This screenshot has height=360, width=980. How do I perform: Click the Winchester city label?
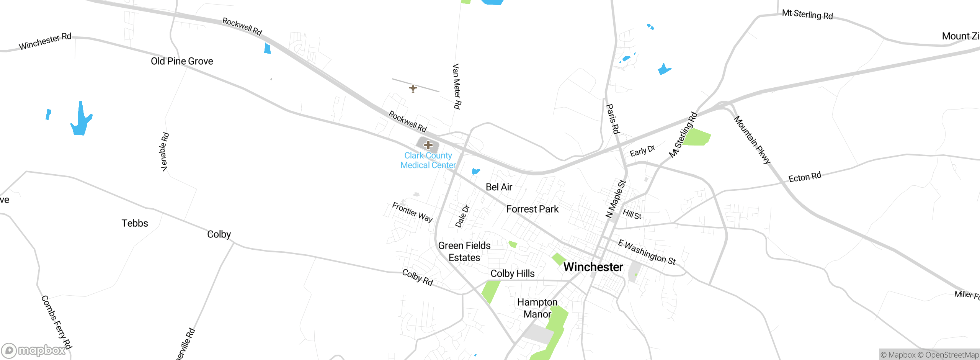(x=593, y=267)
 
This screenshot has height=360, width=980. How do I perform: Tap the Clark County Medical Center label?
(x=428, y=160)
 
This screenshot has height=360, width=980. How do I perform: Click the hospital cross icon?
(x=428, y=145)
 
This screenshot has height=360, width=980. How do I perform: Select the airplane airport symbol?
(x=413, y=88)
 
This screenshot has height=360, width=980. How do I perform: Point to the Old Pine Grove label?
(x=182, y=61)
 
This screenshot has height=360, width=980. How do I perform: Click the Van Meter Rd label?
(x=457, y=87)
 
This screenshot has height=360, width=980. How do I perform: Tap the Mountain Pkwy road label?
(x=752, y=140)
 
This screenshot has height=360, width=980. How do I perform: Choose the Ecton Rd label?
(x=805, y=177)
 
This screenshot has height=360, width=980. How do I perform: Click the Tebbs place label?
(x=135, y=223)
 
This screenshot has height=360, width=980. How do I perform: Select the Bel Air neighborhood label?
(x=499, y=187)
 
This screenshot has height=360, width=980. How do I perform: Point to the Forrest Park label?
(x=532, y=209)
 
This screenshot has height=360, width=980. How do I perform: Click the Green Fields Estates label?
(x=464, y=252)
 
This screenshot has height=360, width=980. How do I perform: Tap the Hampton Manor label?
(x=537, y=308)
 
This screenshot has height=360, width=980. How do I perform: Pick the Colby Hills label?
(x=512, y=273)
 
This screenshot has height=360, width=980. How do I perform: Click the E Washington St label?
(x=647, y=252)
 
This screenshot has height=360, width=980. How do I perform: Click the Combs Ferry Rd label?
(x=56, y=322)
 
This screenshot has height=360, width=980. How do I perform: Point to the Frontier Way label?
(x=412, y=212)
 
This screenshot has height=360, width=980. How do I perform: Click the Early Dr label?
(x=642, y=151)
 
